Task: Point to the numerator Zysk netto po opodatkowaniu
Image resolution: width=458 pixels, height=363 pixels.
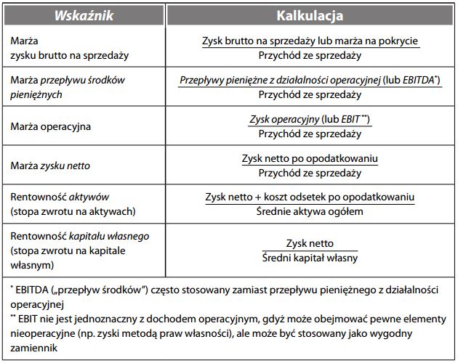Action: pyautogui.click(x=310, y=159)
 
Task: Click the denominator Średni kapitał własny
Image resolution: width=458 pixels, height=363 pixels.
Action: pyautogui.click(x=310, y=258)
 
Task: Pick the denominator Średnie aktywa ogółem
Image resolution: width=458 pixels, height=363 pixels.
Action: pyautogui.click(x=310, y=211)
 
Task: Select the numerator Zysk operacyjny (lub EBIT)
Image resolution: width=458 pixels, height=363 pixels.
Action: pyautogui.click(x=310, y=119)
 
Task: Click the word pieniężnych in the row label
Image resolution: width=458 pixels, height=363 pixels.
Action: pyautogui.click(x=36, y=94)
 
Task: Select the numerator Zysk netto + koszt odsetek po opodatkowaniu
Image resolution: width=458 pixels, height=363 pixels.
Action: pyautogui.click(x=310, y=197)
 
